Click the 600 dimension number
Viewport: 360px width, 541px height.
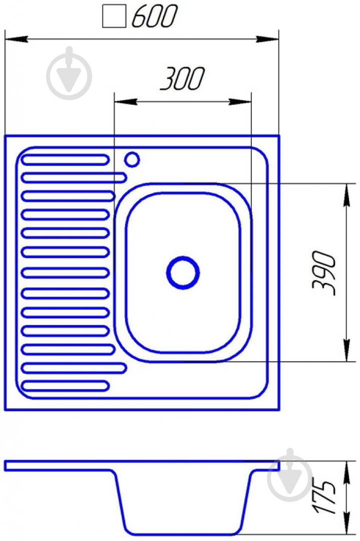(x=154, y=16)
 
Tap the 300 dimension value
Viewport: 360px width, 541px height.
(x=182, y=79)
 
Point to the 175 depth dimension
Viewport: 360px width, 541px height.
(x=324, y=496)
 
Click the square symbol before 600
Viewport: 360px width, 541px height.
(x=114, y=18)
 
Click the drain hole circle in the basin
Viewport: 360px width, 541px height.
(x=183, y=273)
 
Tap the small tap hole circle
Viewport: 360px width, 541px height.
(x=132, y=159)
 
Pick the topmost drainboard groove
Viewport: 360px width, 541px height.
(x=65, y=160)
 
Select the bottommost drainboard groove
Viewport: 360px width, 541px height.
(x=65, y=385)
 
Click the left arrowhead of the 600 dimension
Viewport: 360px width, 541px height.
(x=16, y=39)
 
